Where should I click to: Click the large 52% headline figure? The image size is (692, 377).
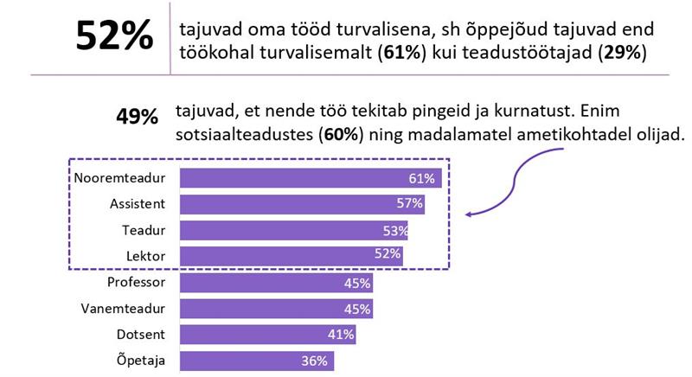point(112,37)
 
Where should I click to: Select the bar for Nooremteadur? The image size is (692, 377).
point(311,178)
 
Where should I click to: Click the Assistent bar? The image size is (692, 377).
point(303,204)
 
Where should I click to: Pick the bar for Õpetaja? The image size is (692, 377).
point(257,361)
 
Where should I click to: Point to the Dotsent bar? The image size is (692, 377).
point(267,335)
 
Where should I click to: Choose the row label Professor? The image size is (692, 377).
point(138,283)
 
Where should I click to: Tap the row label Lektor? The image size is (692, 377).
point(147,256)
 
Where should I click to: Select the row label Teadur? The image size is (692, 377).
point(146,230)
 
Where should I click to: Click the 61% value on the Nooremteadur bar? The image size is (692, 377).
point(420,179)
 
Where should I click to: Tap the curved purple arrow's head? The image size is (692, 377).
point(468,214)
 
